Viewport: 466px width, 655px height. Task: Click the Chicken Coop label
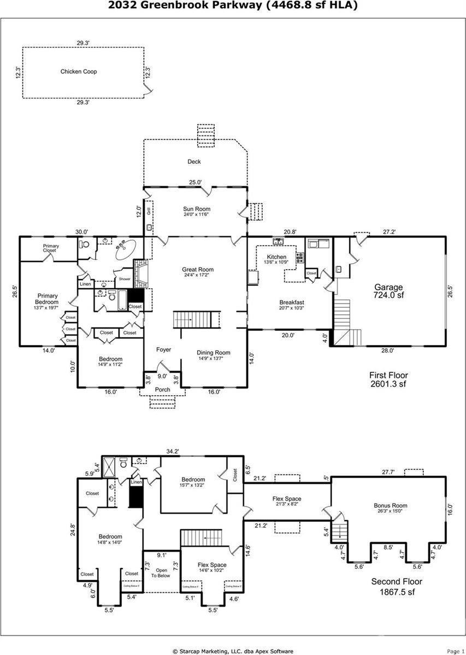click(79, 72)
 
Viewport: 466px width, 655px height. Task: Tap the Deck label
click(194, 162)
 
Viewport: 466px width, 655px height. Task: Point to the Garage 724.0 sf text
click(388, 291)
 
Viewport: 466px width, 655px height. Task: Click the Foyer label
click(163, 350)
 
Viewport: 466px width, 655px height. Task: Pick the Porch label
click(163, 390)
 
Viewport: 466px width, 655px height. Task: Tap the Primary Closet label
click(51, 248)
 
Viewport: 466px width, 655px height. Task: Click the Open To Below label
click(161, 573)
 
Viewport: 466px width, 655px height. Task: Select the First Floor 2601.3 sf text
click(388, 379)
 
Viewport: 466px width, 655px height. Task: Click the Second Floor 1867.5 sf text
click(397, 587)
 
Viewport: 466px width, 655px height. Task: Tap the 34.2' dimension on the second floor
click(173, 451)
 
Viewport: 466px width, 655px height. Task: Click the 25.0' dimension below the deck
click(195, 182)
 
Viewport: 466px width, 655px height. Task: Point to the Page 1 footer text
click(456, 651)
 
